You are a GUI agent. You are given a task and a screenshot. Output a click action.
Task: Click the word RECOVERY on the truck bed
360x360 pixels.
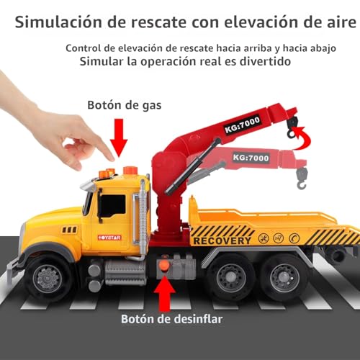tap(222, 240)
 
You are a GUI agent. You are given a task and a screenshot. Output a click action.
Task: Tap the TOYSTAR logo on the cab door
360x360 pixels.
tap(109, 238)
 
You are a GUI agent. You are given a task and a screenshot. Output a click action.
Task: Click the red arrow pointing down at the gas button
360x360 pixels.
tap(119, 138)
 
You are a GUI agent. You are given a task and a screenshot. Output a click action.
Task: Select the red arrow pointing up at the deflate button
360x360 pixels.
tap(165, 294)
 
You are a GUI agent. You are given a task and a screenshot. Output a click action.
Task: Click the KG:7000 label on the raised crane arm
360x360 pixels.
tap(242, 125)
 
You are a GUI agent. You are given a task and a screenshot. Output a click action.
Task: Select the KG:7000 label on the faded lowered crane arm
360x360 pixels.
tap(251, 158)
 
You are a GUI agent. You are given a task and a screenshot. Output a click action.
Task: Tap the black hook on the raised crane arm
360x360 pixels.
tap(292, 127)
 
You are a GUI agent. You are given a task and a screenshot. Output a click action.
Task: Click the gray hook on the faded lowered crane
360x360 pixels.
tap(302, 178)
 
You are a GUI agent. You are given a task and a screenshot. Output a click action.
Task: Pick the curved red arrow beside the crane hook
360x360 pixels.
tap(304, 139)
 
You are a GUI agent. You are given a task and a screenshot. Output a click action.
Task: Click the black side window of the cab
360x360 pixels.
tap(113, 206)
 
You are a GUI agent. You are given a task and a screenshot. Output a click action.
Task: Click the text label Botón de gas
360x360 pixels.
tap(125, 105)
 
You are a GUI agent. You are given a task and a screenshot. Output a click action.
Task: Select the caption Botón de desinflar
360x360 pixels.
tap(171, 319)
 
